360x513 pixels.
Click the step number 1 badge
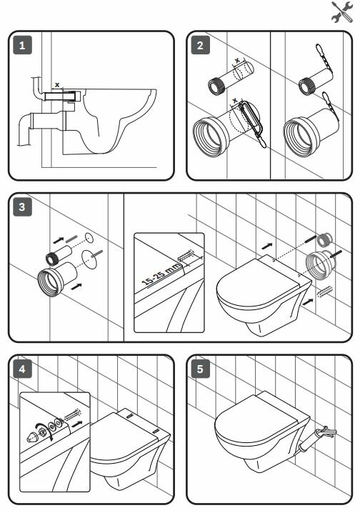pyautogui.click(x=22, y=45)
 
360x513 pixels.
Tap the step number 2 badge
pyautogui.click(x=200, y=45)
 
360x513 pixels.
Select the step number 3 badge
pyautogui.click(x=22, y=206)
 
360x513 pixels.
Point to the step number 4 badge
pyautogui.click(x=22, y=369)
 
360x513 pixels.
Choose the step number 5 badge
pyautogui.click(x=200, y=369)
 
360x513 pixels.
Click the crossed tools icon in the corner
pyautogui.click(x=342, y=11)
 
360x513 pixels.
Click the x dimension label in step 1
pyautogui.click(x=57, y=85)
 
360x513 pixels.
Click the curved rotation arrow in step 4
pyautogui.click(x=41, y=428)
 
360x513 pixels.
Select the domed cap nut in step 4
pyautogui.click(x=31, y=437)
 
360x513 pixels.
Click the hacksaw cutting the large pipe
pyautogui.click(x=254, y=123)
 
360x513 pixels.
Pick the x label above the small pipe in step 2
pyautogui.click(x=237, y=61)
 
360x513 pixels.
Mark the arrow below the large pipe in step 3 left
pyautogui.click(x=76, y=287)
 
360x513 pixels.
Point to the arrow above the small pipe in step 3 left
pyautogui.click(x=58, y=240)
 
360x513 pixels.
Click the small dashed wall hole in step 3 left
pyautogui.click(x=89, y=238)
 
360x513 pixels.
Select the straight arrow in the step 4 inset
pyautogui.click(x=77, y=424)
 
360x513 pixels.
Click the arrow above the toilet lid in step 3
pyautogui.click(x=267, y=245)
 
